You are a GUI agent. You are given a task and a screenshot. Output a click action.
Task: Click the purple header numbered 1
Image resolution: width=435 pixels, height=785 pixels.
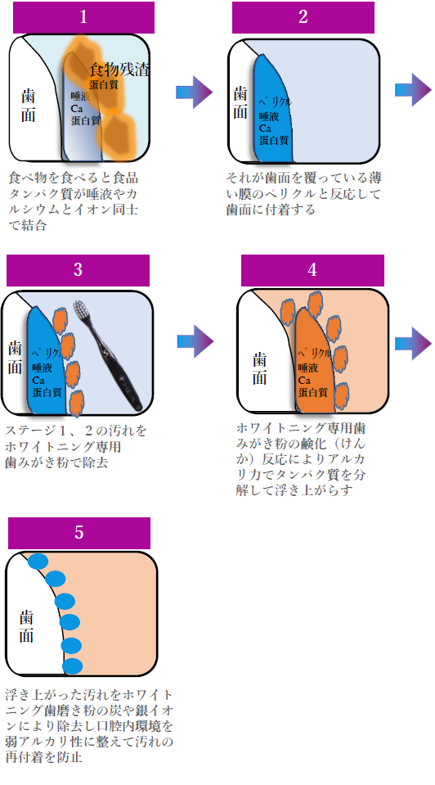[x=83, y=17]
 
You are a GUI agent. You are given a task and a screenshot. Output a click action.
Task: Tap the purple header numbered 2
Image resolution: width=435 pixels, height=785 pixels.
[x=303, y=17]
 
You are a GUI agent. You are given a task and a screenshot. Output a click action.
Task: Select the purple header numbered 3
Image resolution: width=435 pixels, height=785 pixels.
[x=78, y=270]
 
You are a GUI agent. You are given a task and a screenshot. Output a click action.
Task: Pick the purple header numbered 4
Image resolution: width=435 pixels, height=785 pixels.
[x=312, y=270]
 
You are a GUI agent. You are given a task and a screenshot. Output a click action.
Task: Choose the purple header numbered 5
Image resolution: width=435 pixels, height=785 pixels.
[x=79, y=533]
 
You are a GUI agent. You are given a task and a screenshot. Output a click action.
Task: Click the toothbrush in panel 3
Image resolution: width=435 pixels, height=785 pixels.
[x=108, y=354]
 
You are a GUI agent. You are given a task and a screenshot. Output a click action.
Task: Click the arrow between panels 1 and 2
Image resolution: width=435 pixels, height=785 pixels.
[x=195, y=92]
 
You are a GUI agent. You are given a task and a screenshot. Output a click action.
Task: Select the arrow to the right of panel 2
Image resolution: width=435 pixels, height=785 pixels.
[x=413, y=90]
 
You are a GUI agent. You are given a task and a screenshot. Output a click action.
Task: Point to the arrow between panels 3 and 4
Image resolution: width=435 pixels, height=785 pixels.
[x=195, y=341]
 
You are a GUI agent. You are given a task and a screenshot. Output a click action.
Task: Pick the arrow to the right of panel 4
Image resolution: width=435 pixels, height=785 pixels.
[x=413, y=344]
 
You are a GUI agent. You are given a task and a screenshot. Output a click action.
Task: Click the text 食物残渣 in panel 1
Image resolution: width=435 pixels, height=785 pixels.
[x=119, y=70]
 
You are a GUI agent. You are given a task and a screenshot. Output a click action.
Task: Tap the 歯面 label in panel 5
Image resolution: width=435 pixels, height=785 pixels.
[x=27, y=626]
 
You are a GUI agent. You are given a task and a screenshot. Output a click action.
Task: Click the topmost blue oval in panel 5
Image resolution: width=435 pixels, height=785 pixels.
[x=38, y=562]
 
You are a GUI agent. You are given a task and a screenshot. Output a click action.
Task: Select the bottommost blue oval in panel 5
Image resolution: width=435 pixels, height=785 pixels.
[x=73, y=666]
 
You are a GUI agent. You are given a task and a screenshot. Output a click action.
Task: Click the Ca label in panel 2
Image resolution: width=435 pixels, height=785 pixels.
[x=265, y=129]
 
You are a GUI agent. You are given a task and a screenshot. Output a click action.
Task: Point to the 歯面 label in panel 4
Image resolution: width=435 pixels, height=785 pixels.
[x=259, y=368]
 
